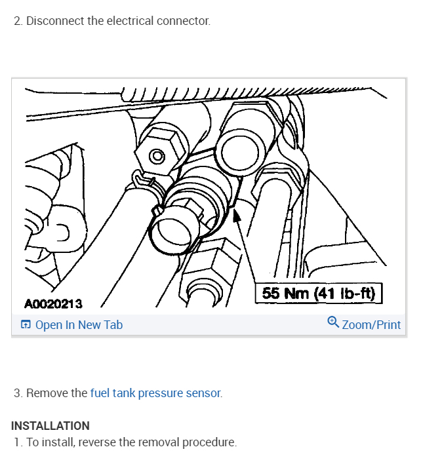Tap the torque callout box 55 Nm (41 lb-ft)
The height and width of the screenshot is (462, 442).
click(318, 293)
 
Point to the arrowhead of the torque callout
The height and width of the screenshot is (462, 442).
click(237, 214)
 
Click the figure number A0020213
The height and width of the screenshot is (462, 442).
click(53, 303)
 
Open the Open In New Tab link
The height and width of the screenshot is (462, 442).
click(79, 325)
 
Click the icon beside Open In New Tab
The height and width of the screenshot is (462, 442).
click(26, 325)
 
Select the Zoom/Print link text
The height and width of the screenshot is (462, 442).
click(371, 325)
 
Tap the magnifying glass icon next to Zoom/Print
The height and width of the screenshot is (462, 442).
click(333, 323)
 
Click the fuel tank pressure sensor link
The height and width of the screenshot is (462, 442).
click(156, 393)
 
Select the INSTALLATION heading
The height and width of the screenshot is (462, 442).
click(50, 426)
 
